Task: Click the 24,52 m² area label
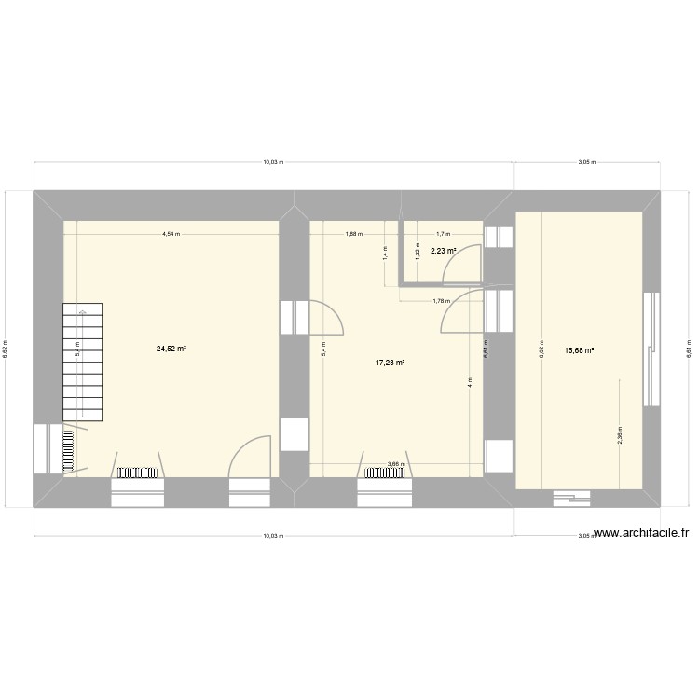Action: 171,349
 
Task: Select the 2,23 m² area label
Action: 442,251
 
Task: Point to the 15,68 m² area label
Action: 579,351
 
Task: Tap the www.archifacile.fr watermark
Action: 641,534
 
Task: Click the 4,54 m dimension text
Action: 171,234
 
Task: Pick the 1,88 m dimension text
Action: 353,234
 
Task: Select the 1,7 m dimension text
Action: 443,234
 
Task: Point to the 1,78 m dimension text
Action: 442,300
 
